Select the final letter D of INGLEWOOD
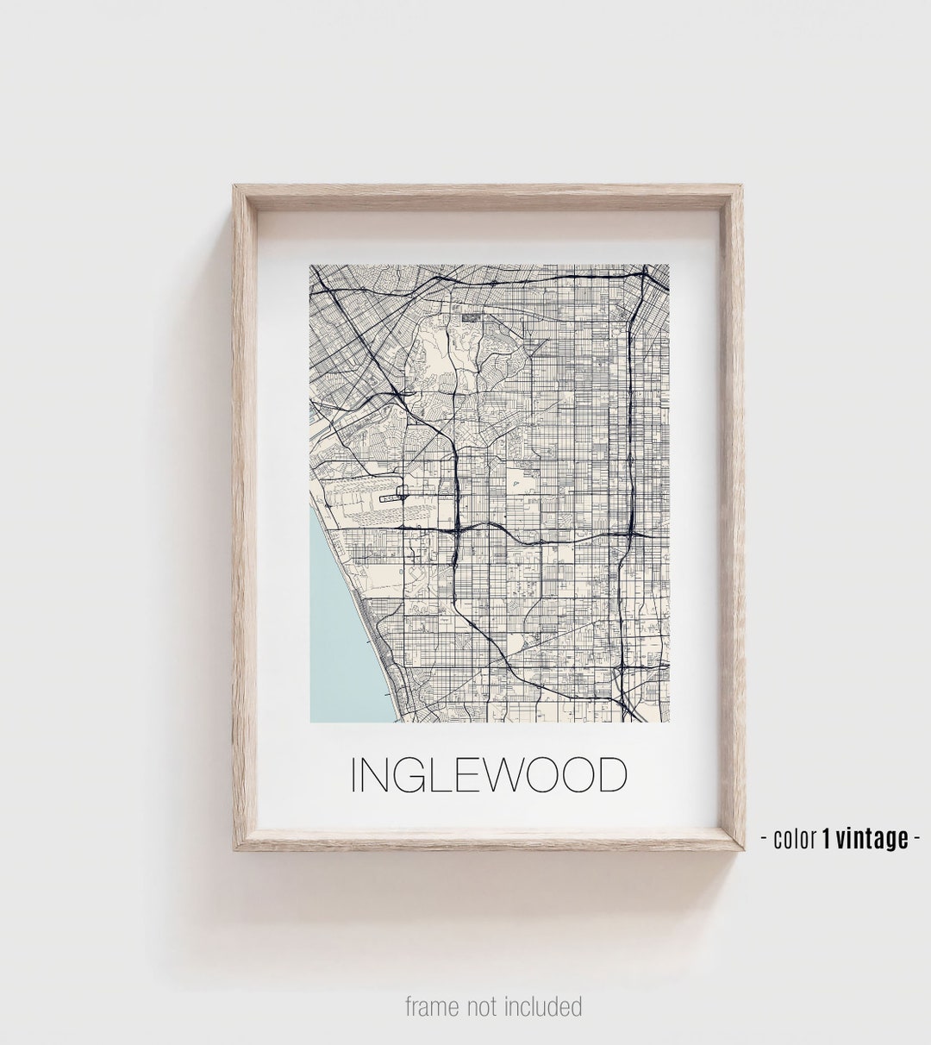pos(609,775)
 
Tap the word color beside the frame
pos(795,839)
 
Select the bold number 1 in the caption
pos(827,839)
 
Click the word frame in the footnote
pos(431,1006)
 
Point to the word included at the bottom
pos(542,1006)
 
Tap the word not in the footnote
pos(483,1006)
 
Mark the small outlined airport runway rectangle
pos(392,496)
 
